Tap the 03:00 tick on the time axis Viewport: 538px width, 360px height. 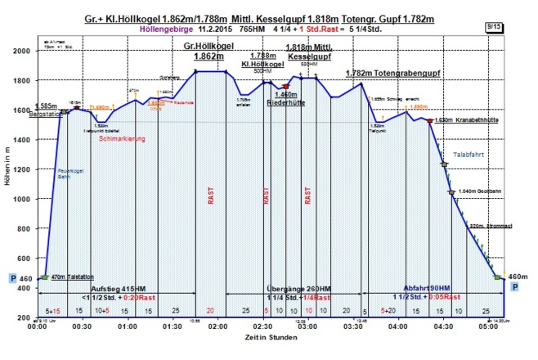pyautogui.click(x=307, y=326)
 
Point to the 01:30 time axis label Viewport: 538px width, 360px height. pyautogui.click(x=173, y=326)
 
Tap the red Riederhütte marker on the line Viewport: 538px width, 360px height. pyautogui.click(x=285, y=86)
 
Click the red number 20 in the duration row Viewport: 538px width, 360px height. pyautogui.click(x=210, y=311)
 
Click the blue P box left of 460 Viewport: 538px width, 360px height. pyautogui.click(x=11, y=278)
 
